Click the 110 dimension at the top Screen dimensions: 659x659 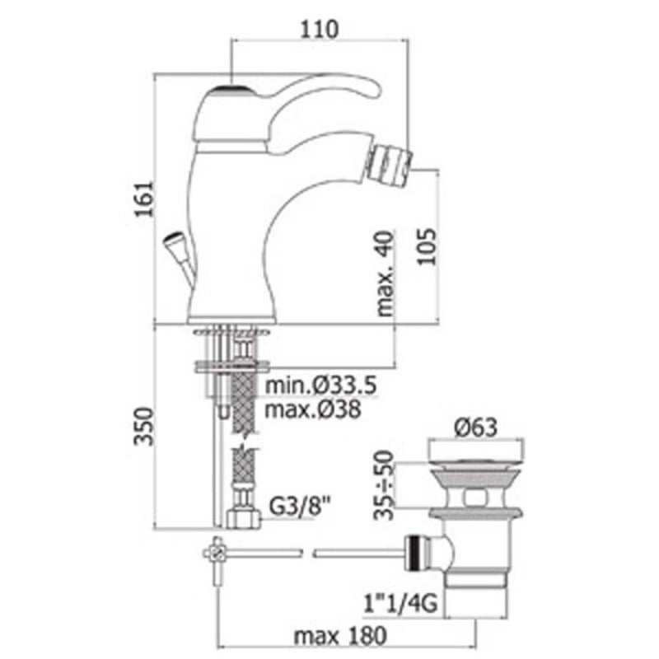tap(320, 29)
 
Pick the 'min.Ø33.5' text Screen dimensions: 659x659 tap(311, 386)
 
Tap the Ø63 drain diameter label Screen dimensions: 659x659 tap(478, 428)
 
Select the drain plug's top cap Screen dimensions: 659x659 tap(478, 454)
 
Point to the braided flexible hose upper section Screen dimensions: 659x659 tap(245, 404)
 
